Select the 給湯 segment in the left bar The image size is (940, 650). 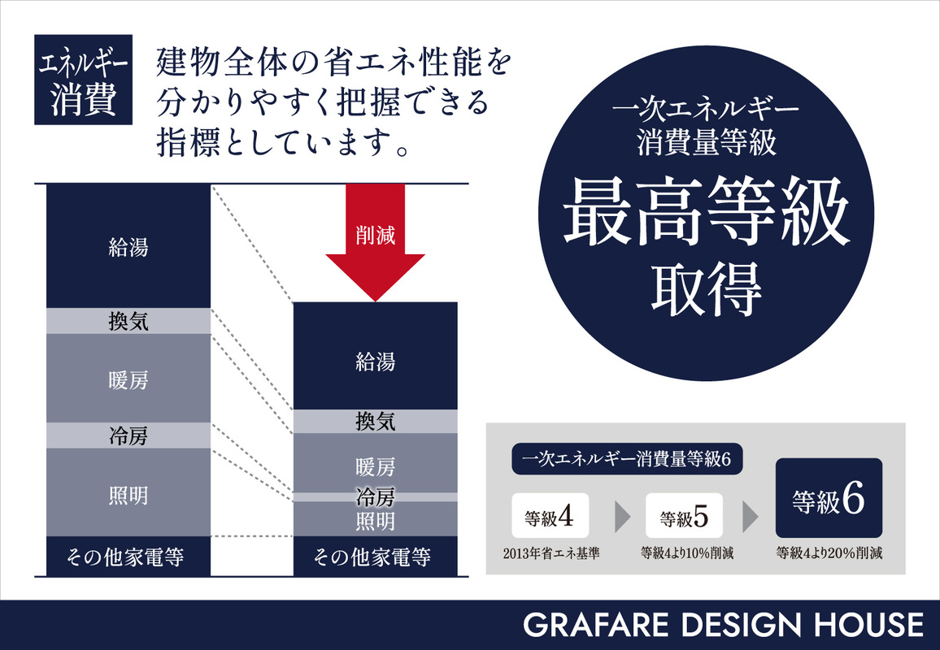coord(128,246)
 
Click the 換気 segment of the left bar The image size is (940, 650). coord(128,321)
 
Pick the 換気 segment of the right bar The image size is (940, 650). coord(375,422)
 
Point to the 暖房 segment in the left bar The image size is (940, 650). coord(128,379)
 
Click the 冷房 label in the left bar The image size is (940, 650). coord(128,436)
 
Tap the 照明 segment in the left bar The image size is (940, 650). coord(128,493)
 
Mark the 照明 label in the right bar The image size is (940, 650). coord(375,520)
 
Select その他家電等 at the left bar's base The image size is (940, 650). coord(128,557)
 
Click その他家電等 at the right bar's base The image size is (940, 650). coord(375,557)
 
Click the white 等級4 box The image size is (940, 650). coord(550,515)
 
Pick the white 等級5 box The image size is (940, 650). coord(684,516)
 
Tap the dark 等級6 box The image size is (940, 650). coord(829,498)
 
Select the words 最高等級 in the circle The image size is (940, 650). coord(707,211)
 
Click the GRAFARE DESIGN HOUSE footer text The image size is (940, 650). coord(724,625)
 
